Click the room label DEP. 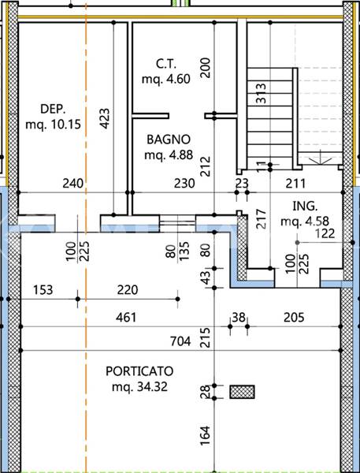click(x=53, y=109)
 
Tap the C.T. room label click(x=165, y=63)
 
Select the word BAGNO click(x=167, y=140)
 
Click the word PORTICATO click(x=139, y=371)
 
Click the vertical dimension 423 click(x=104, y=118)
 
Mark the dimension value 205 click(x=294, y=317)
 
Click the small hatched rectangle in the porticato click(x=243, y=391)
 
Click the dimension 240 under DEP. click(x=73, y=183)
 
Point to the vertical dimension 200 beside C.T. click(x=206, y=68)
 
